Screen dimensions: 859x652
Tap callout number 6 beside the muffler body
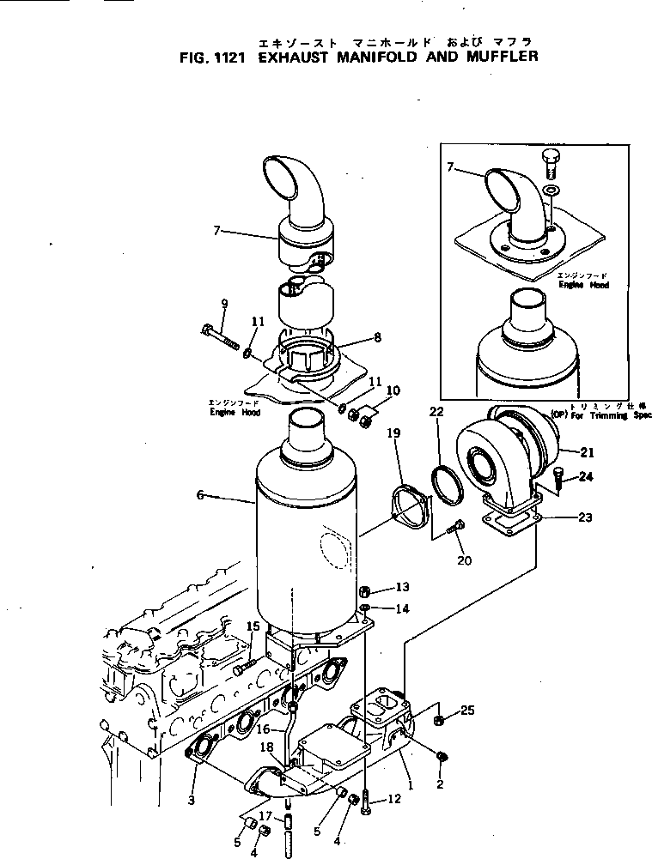click(200, 496)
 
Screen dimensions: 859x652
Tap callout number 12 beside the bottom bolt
click(394, 799)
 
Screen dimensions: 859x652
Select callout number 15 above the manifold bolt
click(253, 626)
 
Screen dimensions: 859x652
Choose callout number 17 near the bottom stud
click(265, 815)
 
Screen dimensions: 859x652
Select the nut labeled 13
click(363, 590)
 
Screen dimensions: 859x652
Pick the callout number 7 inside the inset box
click(449, 166)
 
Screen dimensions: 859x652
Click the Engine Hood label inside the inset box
click(583, 283)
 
